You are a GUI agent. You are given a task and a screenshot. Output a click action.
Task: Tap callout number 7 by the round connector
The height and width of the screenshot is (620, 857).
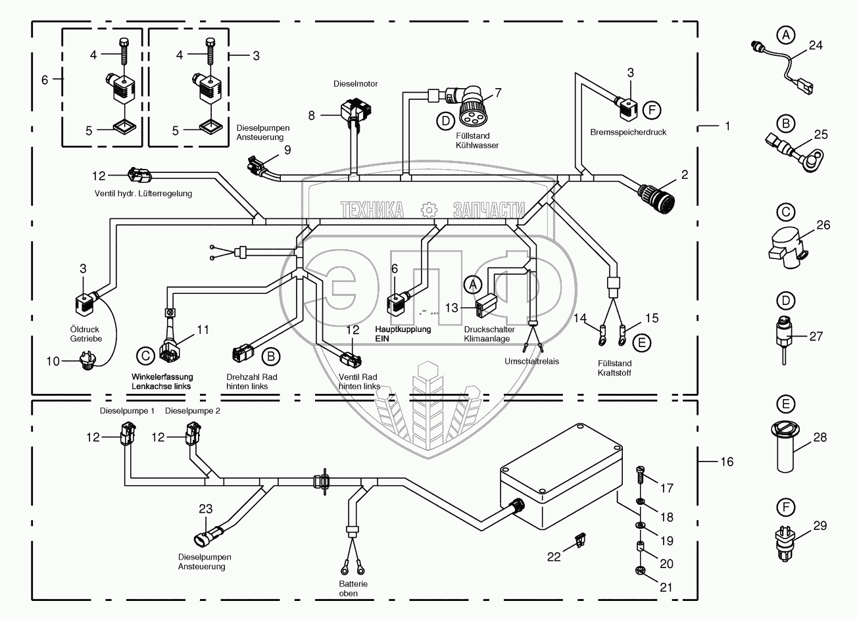[498, 93]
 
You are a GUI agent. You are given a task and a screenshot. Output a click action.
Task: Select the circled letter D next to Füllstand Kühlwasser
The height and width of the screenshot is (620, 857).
[445, 120]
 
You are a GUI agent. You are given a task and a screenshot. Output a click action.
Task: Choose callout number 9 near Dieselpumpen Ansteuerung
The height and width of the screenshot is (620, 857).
[287, 150]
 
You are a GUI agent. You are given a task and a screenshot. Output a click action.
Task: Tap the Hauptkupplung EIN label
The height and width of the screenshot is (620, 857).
[403, 333]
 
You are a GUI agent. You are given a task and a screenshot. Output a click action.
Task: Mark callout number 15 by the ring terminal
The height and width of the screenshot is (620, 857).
[651, 318]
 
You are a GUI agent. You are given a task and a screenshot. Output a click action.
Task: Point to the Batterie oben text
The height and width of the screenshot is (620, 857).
[349, 588]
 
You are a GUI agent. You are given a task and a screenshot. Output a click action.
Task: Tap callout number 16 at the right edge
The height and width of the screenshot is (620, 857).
[726, 462]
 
